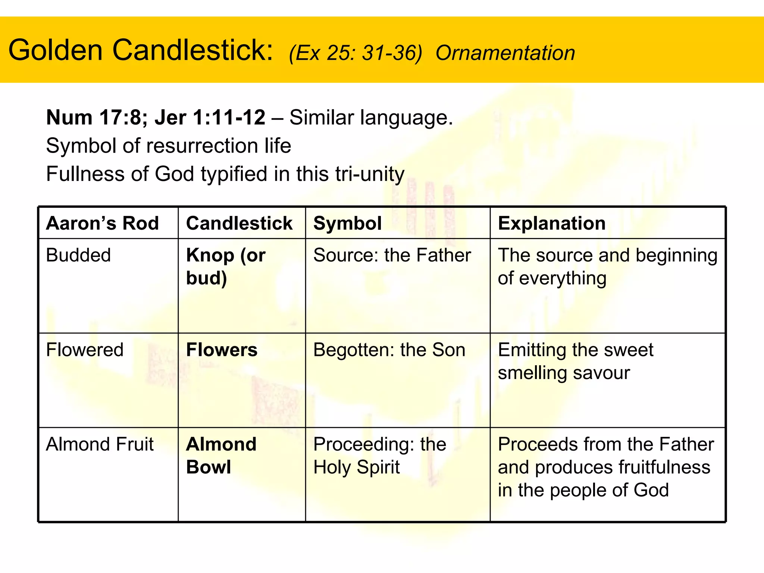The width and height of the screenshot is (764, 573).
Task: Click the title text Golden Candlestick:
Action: point(141,50)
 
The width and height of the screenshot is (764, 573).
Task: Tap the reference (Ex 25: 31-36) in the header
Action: point(355,53)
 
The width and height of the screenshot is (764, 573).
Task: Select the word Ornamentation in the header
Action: point(505,53)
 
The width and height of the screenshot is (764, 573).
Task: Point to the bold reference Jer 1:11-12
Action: point(210,118)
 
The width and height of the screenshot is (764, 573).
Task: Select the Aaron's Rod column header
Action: point(102,223)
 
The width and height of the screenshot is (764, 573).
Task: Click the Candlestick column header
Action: point(239,223)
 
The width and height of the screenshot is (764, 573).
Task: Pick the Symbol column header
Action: point(347,223)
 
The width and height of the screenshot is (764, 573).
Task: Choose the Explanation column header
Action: point(551,223)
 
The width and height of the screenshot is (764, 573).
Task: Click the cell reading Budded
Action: point(78,256)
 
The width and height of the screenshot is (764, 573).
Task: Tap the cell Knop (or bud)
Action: point(225,266)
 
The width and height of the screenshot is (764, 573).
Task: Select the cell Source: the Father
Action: point(392,256)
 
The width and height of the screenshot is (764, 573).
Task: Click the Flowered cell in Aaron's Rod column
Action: point(85,350)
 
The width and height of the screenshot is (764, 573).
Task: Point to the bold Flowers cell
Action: point(222,350)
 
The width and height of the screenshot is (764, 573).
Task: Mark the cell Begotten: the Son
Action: point(389,350)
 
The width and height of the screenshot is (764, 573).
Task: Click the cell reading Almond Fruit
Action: point(100,444)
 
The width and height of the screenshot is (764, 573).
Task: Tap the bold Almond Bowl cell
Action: point(221,455)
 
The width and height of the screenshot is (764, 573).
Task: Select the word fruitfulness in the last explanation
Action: point(664,467)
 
